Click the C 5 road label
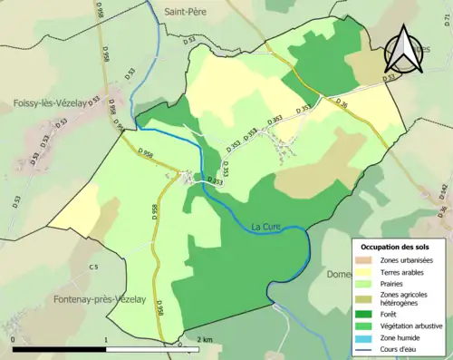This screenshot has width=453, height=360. click(x=93, y=267)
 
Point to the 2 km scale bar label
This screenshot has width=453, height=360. click(x=205, y=339)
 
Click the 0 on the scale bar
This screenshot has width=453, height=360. click(x=14, y=339)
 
